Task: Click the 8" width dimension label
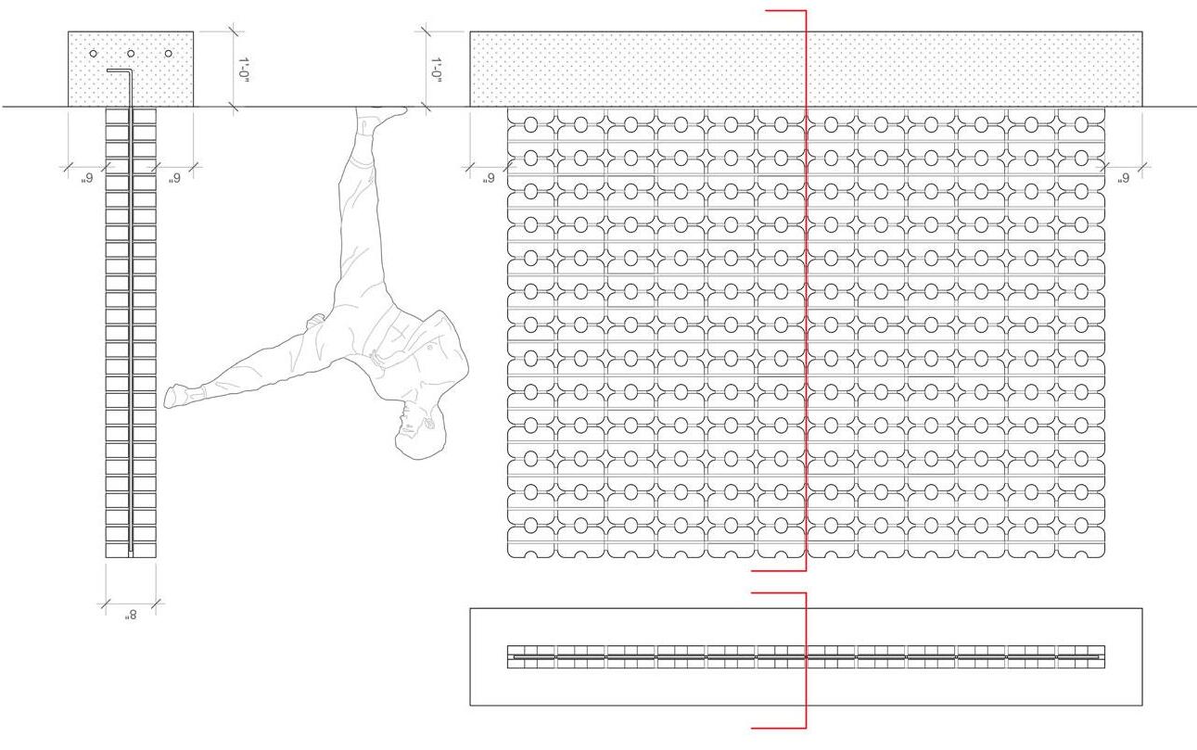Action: pos(130,617)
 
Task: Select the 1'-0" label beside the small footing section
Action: pos(245,70)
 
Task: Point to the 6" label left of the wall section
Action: pos(86,178)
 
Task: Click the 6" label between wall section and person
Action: pos(173,178)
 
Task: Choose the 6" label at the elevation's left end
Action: pos(488,178)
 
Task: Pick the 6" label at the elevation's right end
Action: pos(1124,178)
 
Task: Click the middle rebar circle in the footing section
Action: pos(130,54)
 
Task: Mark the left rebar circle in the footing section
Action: pos(93,54)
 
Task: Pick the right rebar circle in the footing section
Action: pos(168,54)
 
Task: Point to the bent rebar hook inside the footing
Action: pos(119,70)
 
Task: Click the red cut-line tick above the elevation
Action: pos(785,11)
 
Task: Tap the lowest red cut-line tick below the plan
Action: pos(779,728)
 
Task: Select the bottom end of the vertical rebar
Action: pos(131,552)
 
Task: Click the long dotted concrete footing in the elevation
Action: pos(649,70)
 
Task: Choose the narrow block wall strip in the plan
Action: pos(806,656)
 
